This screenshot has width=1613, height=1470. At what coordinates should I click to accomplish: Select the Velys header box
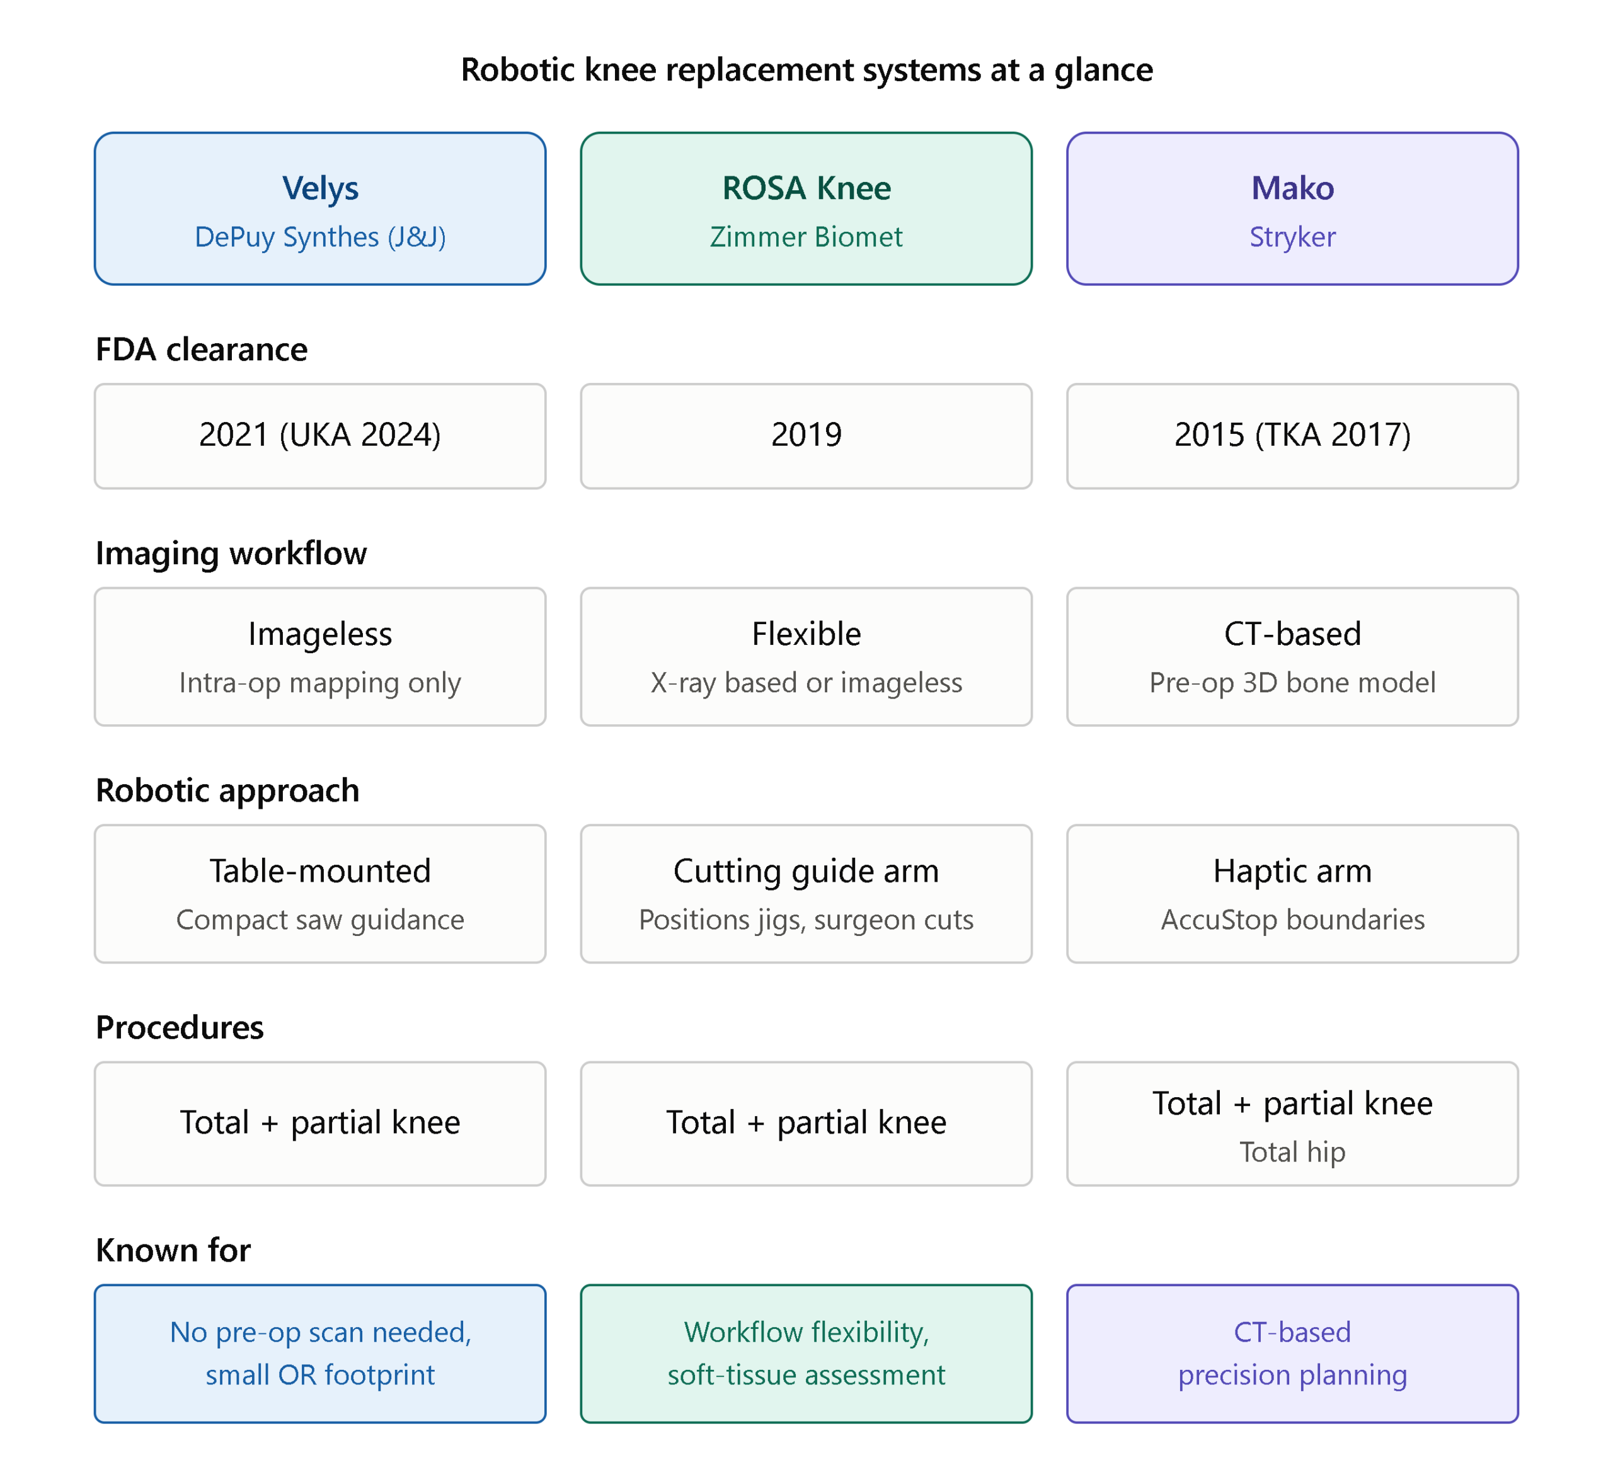coord(320,208)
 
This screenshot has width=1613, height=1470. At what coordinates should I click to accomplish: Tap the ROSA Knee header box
coord(806,208)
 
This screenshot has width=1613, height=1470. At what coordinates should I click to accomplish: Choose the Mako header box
coord(1292,208)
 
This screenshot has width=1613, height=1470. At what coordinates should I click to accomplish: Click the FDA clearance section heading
coord(202,350)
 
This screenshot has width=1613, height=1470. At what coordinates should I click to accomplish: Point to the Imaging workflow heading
coord(231,554)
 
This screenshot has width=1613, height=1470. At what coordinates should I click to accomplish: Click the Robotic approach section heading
coord(227,790)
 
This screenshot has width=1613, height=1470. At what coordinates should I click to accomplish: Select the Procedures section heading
coord(179,1027)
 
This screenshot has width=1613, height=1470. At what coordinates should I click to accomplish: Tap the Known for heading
coord(173,1250)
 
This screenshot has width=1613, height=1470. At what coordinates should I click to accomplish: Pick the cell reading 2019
coord(806,436)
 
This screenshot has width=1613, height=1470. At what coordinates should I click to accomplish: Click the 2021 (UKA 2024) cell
coord(320,436)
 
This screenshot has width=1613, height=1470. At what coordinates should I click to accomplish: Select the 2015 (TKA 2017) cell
coord(1292,436)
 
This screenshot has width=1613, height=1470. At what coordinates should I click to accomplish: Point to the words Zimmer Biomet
coord(806,237)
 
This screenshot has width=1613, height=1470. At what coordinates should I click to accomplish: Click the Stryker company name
coord(1292,237)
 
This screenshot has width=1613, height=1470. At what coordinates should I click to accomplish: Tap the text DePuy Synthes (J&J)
coord(320,237)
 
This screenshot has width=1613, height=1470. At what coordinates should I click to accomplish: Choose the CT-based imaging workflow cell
coord(1292,657)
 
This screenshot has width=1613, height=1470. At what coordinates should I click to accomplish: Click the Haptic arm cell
coord(1292,893)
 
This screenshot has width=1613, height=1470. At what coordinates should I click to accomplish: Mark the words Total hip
coord(1292,1152)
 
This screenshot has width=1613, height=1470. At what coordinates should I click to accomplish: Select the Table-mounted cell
coord(320,893)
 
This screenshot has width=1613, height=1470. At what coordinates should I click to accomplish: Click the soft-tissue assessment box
coord(806,1353)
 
